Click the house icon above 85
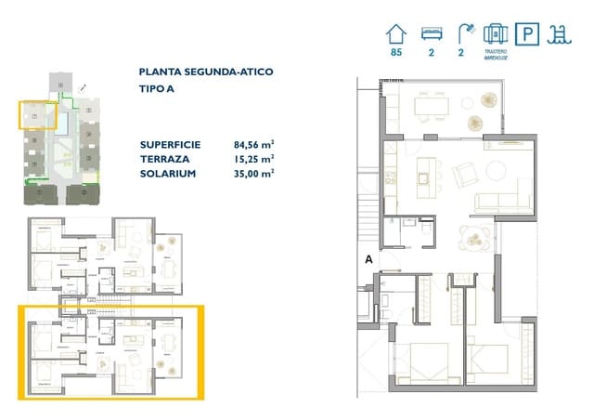pos(397,34)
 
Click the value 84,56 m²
pos(253,144)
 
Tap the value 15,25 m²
pos(253,159)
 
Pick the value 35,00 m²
pos(253,173)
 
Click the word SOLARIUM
pos(166,173)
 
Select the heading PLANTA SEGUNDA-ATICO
pos(205,71)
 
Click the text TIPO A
pos(156,91)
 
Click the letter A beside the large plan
pos(369,260)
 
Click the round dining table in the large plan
pos(477,238)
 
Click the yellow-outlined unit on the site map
pos(37,117)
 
